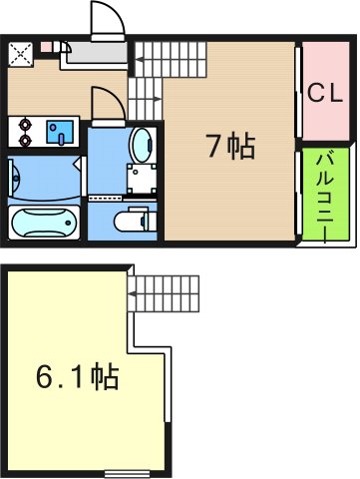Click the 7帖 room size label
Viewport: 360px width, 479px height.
click(230, 148)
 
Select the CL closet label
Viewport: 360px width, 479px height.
click(324, 94)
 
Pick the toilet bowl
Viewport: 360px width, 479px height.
click(133, 220)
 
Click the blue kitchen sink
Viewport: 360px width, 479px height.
click(62, 130)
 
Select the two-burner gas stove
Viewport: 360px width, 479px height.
click(24, 130)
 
